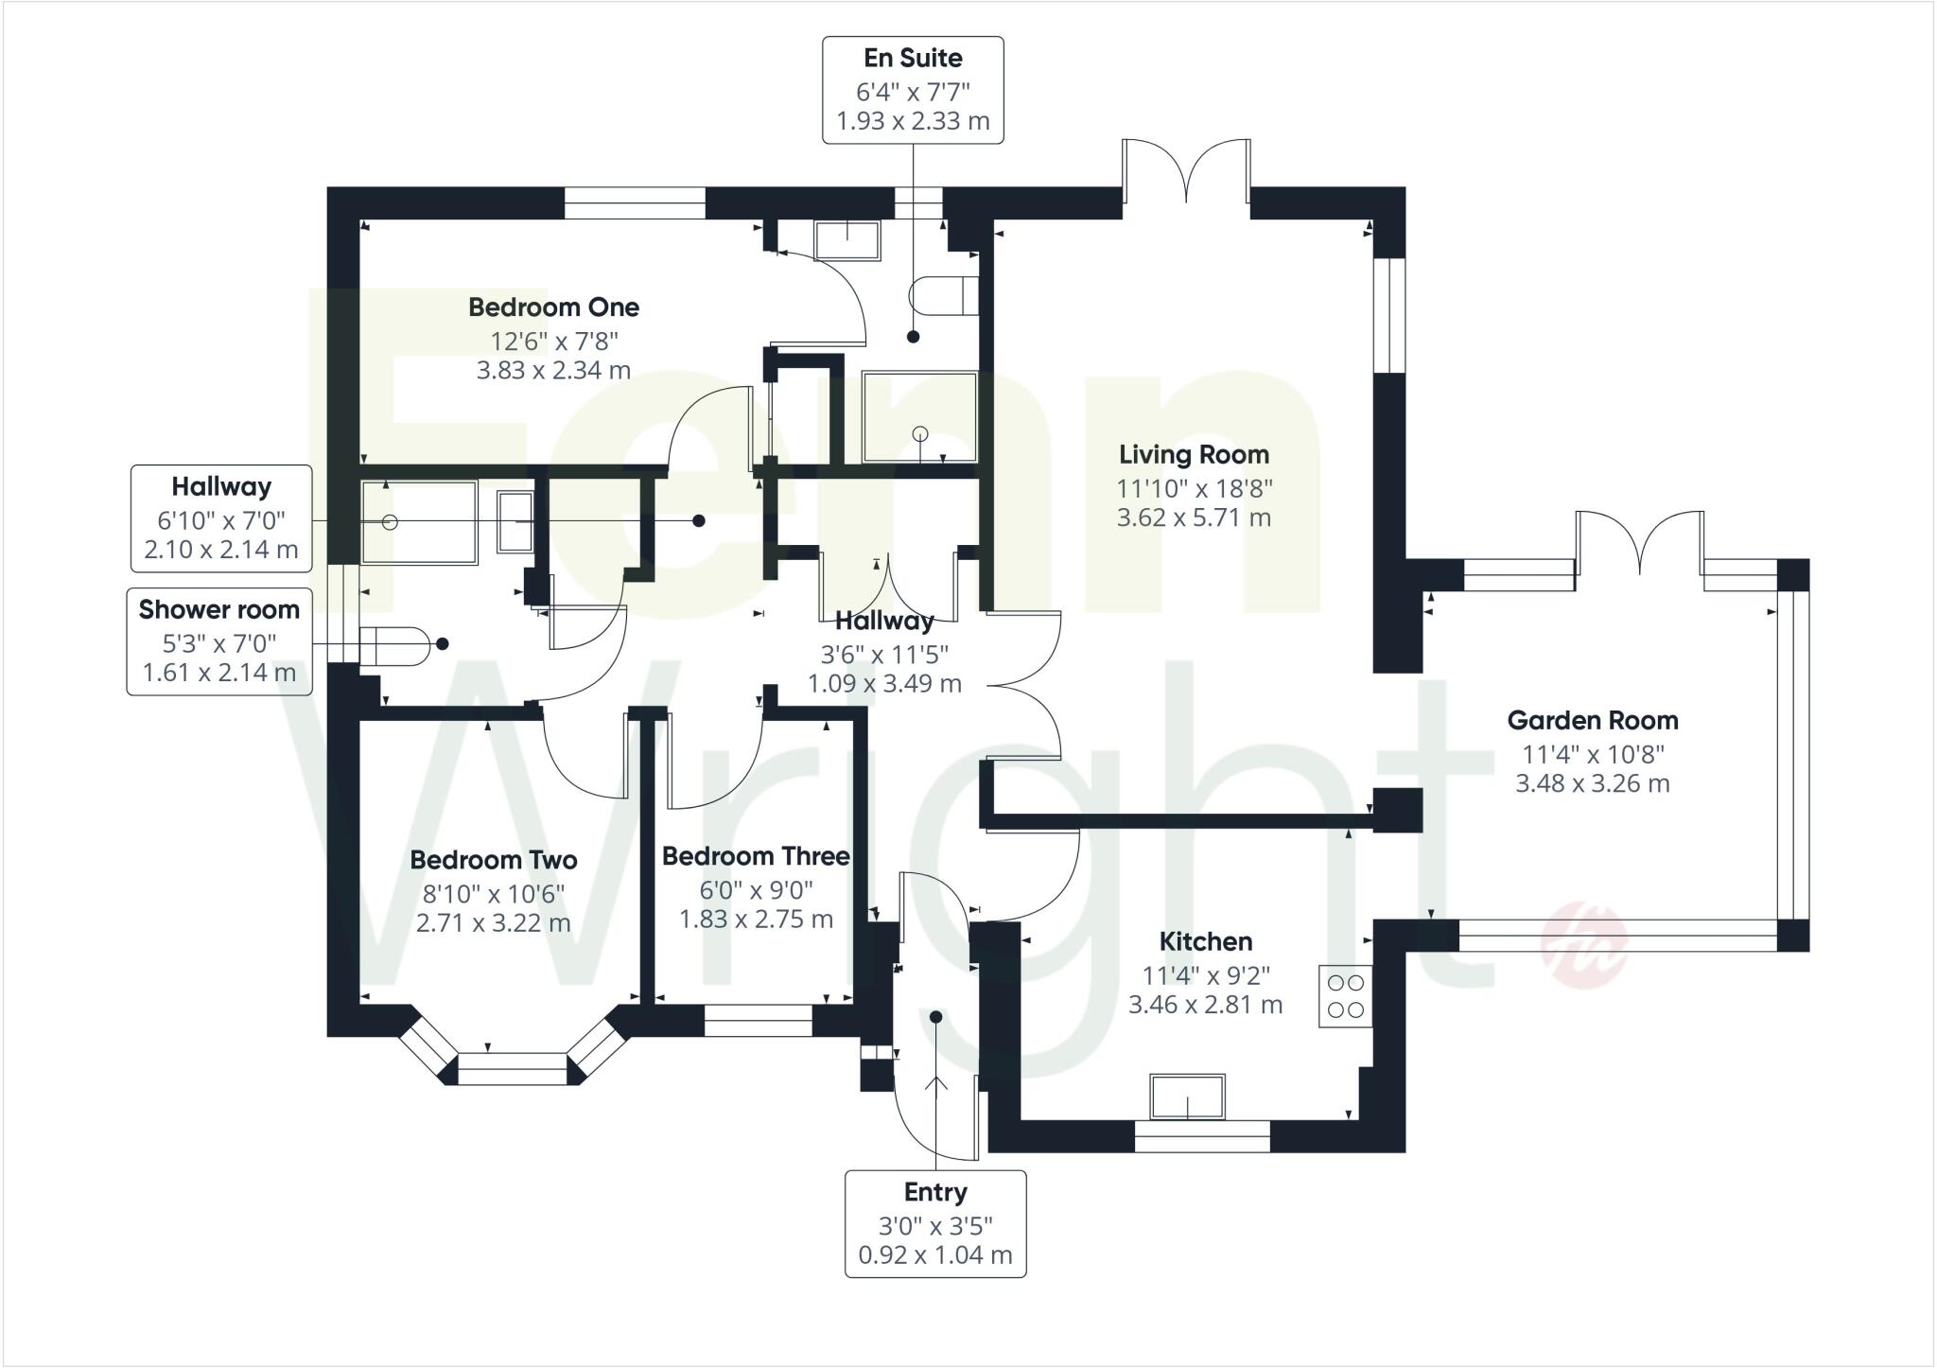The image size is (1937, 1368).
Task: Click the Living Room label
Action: pos(1194,455)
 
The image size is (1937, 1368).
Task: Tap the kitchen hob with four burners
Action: pos(1345,996)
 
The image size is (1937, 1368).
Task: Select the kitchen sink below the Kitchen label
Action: pos(1187,1097)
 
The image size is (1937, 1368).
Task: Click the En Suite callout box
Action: pos(913,90)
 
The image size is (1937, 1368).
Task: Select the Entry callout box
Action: pos(934,1223)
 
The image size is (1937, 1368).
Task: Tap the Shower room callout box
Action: pos(219,641)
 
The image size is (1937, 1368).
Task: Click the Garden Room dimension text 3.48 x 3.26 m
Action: pos(1593,784)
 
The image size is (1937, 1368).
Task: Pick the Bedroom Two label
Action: pos(493,860)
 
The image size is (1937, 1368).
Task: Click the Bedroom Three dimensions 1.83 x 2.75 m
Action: pos(756,920)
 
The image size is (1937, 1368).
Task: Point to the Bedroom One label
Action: pos(553,307)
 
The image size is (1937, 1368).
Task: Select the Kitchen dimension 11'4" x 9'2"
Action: pos(1205,974)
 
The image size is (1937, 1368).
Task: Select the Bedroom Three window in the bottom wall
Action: pos(759,1021)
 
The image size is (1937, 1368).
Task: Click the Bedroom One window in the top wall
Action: pos(635,202)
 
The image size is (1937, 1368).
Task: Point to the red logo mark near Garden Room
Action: pos(1584,943)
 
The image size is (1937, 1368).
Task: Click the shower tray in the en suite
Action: pos(919,416)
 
